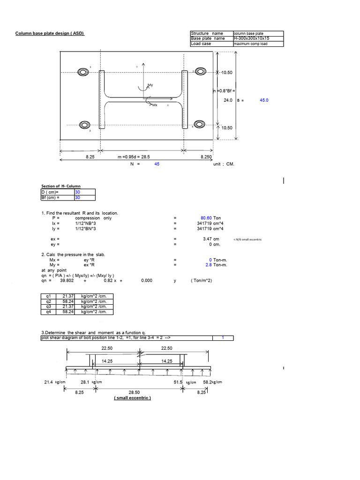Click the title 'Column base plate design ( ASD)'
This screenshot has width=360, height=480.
tap(50, 33)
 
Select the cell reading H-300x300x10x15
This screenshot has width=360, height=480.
tap(251, 38)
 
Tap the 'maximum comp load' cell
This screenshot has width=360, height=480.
tap(251, 44)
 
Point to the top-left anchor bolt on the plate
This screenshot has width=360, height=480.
tap(84, 72)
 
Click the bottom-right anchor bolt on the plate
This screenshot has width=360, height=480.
tap(200, 125)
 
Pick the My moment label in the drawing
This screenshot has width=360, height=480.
tap(150, 85)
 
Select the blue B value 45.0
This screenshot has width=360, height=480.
tap(263, 100)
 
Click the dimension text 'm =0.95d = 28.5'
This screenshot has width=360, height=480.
tap(134, 158)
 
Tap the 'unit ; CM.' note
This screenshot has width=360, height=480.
tap(224, 164)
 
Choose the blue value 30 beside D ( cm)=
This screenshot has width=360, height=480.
tap(78, 192)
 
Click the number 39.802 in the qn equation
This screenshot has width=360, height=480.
tap(68, 281)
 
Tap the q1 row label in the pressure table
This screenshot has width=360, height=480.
tap(48, 296)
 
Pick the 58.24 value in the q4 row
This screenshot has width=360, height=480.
tap(67, 312)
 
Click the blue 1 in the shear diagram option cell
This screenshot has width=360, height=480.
tap(223, 338)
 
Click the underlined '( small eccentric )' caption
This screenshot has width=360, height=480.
tap(133, 398)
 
